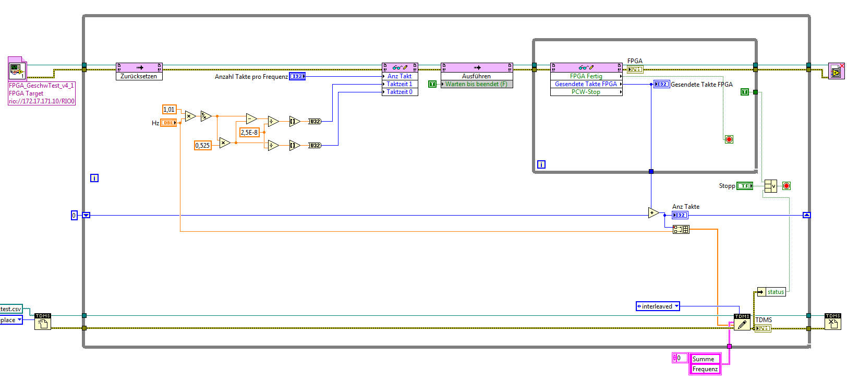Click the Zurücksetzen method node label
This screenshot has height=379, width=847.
coord(139,76)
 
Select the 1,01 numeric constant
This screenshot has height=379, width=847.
coord(169,110)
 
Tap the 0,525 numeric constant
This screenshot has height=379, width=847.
coord(202,146)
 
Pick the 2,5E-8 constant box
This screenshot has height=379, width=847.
coord(249,133)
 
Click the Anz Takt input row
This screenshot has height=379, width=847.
coord(400,76)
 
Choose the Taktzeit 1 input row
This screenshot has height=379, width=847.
coord(400,84)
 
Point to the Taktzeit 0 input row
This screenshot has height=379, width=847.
coord(400,92)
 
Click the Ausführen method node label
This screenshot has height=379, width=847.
coord(476,76)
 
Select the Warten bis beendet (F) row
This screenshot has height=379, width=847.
coord(476,84)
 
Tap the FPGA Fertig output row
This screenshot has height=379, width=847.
coord(586,76)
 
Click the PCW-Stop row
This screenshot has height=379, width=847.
coord(586,92)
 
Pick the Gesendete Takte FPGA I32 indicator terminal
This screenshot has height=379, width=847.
coord(661,84)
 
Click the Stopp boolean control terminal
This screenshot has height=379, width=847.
coord(744,186)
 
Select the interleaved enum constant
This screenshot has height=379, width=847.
coord(658,306)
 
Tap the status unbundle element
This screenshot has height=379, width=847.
coord(775,292)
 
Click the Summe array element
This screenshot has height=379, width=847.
coord(704,359)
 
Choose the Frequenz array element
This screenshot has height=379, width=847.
coord(705,369)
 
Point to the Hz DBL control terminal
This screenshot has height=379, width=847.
coord(168,123)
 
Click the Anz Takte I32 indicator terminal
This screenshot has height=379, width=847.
coord(680,215)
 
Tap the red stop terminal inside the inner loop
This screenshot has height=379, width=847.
coord(729,139)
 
